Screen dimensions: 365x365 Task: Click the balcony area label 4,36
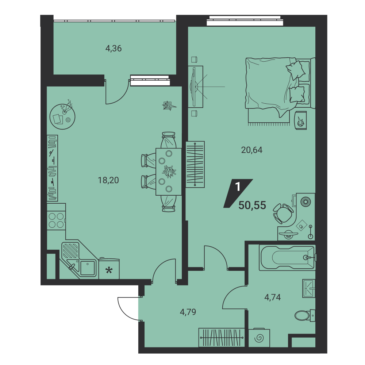pos(114,49)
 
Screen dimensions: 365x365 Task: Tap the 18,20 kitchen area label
pos(108,180)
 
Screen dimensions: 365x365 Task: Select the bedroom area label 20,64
pos(251,150)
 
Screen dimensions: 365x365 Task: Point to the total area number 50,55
pos(252,205)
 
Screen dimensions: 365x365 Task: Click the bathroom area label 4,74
pos(272,297)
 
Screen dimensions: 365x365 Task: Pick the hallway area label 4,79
pos(188,312)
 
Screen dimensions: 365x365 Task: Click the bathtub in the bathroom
pos(288,258)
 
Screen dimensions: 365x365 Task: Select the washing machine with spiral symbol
pos(259,338)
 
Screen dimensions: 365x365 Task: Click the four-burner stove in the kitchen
pos(56,220)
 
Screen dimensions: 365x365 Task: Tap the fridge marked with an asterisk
pos(109,269)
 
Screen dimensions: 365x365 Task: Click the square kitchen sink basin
pos(88,268)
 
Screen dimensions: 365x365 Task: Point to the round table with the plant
pos(62,117)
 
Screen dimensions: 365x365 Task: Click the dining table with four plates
pos(169,172)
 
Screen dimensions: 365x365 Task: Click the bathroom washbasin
pos(309,289)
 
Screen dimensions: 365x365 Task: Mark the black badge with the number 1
pos(238,193)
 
